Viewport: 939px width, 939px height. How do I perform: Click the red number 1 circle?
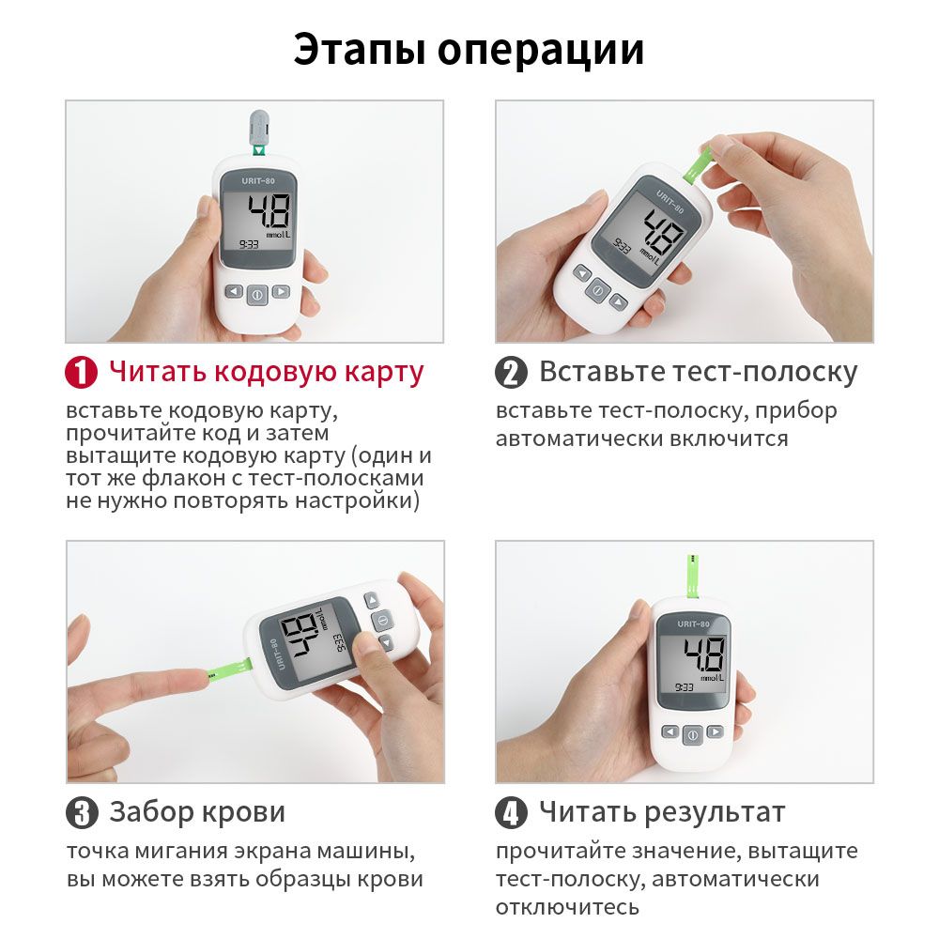(x=82, y=373)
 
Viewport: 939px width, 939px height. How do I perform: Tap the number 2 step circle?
(x=511, y=373)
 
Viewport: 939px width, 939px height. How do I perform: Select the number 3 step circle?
(x=82, y=813)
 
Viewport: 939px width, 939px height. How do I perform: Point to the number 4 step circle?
(x=511, y=813)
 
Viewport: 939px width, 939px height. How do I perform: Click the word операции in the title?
(x=541, y=49)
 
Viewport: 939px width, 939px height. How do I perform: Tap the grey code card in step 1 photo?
(x=259, y=129)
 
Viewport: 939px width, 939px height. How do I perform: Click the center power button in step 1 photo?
(x=257, y=295)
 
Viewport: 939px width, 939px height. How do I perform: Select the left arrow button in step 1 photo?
(x=234, y=292)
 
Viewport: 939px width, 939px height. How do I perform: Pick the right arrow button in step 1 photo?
(x=281, y=292)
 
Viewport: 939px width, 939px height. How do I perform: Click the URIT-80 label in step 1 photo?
(x=258, y=181)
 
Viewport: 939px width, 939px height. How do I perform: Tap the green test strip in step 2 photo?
(x=695, y=164)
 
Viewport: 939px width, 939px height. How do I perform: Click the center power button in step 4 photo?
(x=693, y=735)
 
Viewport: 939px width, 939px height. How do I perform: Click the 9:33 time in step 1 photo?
(x=249, y=244)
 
